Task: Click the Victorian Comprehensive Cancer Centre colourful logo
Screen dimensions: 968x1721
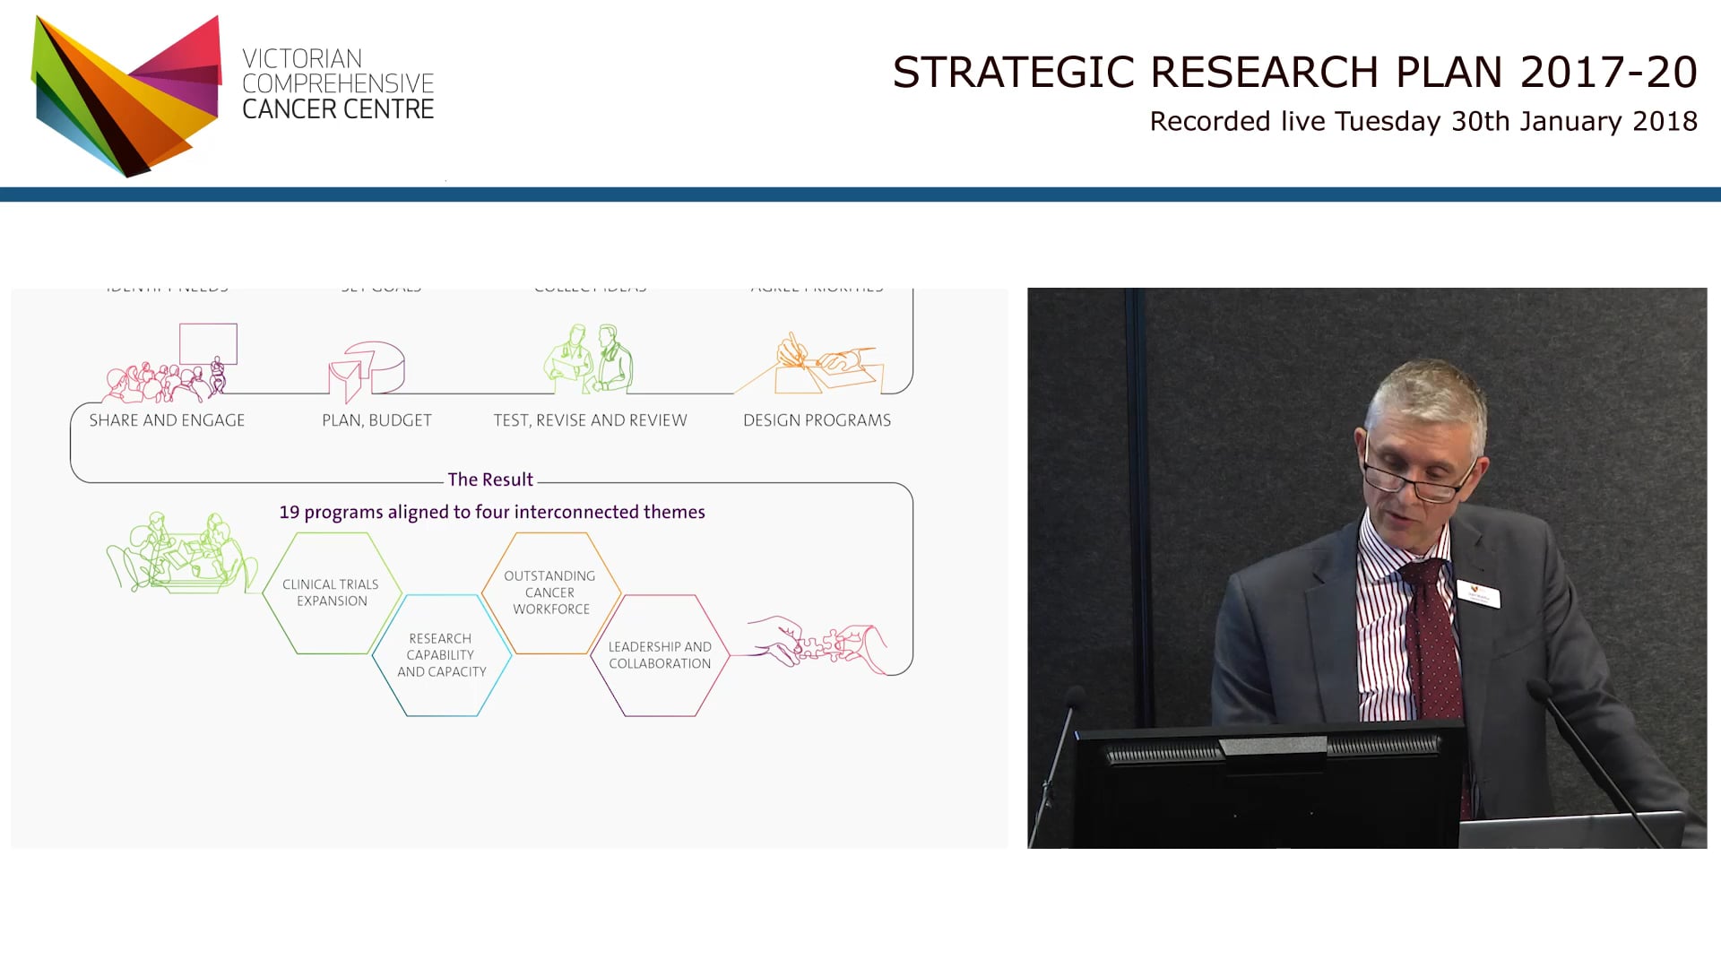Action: pyautogui.click(x=126, y=95)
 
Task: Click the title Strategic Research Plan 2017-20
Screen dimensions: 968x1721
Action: pyautogui.click(x=1294, y=73)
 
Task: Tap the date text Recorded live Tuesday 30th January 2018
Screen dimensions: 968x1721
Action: pyautogui.click(x=1423, y=122)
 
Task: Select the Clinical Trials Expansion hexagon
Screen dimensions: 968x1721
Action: pyautogui.click(x=332, y=592)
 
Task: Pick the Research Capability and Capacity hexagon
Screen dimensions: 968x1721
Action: pyautogui.click(x=441, y=655)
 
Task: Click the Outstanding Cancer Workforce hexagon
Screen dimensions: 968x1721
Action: pyautogui.click(x=550, y=592)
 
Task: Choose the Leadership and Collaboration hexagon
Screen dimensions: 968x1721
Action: pyautogui.click(x=660, y=655)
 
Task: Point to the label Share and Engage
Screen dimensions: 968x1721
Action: pyautogui.click(x=167, y=420)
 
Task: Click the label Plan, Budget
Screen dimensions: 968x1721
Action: pyautogui.click(x=376, y=420)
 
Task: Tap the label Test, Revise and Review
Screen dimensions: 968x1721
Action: pyautogui.click(x=590, y=420)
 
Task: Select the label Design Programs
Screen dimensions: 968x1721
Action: pyautogui.click(x=817, y=420)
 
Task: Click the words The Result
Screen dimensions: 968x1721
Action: pyautogui.click(x=490, y=480)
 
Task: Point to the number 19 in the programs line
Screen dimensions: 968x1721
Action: pyautogui.click(x=289, y=513)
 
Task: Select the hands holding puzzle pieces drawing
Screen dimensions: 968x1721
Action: pyautogui.click(x=817, y=644)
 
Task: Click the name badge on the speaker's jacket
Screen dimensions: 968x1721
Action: pyautogui.click(x=1478, y=594)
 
